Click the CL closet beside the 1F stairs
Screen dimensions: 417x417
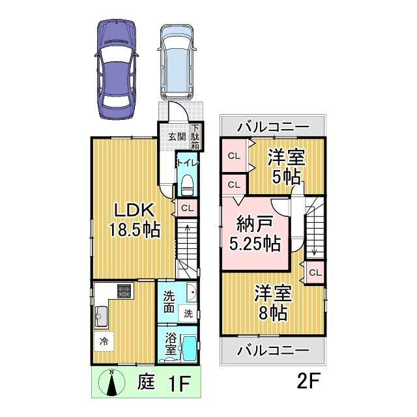click(x=186, y=208)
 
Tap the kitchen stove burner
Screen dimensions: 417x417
click(x=124, y=291)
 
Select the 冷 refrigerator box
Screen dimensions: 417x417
click(x=104, y=341)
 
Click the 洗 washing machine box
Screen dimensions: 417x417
click(x=188, y=313)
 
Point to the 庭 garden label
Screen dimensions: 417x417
click(x=147, y=382)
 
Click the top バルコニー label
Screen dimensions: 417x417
click(x=272, y=126)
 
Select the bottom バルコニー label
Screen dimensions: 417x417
click(x=272, y=351)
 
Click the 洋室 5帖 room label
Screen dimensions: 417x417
click(x=287, y=167)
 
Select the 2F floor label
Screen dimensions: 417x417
click(x=309, y=382)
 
